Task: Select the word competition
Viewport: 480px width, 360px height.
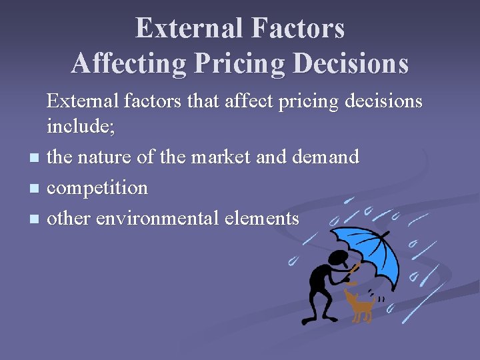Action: [x=97, y=188]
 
